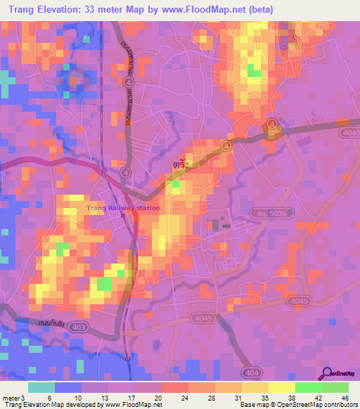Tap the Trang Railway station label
click(x=123, y=208)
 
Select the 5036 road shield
click(x=261, y=211)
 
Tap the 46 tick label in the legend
click(x=344, y=398)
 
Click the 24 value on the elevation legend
click(x=185, y=398)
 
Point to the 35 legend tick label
click(x=264, y=398)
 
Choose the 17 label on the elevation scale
click(x=131, y=398)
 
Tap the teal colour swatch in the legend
click(x=41, y=387)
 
